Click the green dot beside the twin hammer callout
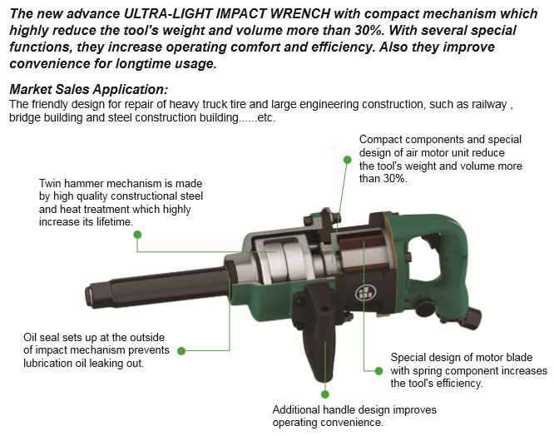137,235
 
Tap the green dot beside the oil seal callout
181,351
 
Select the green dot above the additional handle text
325,394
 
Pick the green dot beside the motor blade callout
378,370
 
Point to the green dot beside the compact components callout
348,160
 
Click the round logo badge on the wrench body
364,293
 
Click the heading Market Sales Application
89,89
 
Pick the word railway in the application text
490,105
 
